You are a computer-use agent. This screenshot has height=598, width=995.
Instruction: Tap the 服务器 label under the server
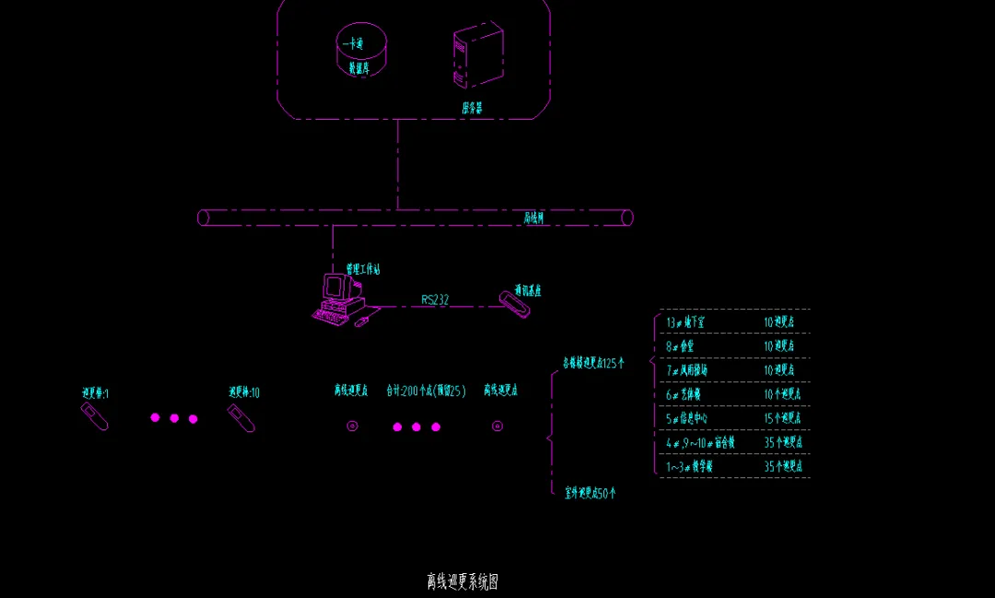pyautogui.click(x=472, y=108)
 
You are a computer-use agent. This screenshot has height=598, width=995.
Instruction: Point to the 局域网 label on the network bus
pyautogui.click(x=534, y=218)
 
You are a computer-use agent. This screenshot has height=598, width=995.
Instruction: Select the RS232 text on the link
pyautogui.click(x=435, y=299)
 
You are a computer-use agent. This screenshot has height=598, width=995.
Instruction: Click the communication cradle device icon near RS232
pyautogui.click(x=514, y=304)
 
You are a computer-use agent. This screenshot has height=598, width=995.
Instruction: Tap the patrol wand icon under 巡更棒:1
pyautogui.click(x=95, y=417)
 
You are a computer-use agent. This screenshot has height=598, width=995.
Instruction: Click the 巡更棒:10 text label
pyautogui.click(x=244, y=393)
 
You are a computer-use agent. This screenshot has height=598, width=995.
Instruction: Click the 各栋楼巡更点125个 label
pyautogui.click(x=593, y=363)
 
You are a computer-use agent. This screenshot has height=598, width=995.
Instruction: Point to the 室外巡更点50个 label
pyautogui.click(x=590, y=493)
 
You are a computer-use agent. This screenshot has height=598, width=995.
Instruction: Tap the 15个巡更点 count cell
pyautogui.click(x=783, y=418)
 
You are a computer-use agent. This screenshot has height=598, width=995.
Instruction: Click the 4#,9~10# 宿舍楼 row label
pyautogui.click(x=700, y=442)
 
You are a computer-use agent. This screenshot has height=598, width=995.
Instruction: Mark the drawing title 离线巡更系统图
pyautogui.click(x=462, y=581)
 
